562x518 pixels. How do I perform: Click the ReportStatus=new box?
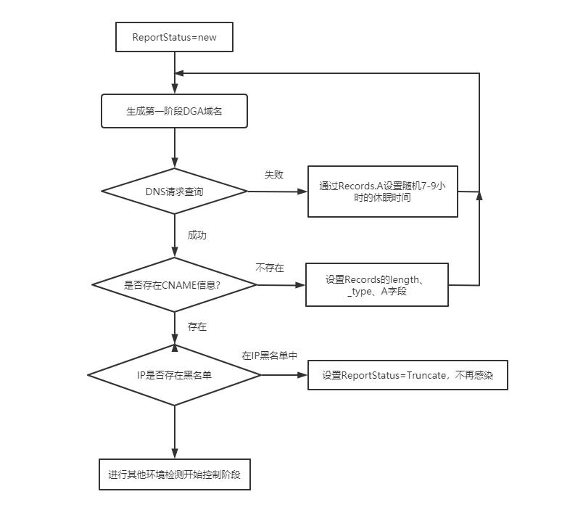[174, 37]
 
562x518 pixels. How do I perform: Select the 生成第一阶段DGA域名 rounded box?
[174, 111]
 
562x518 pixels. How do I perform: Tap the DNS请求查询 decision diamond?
[174, 191]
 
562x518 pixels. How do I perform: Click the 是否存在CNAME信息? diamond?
[174, 285]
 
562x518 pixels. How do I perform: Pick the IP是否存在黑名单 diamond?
[174, 375]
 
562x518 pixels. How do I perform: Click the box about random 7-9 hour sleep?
[382, 192]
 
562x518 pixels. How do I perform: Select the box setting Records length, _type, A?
[376, 284]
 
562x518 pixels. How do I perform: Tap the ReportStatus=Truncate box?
[408, 375]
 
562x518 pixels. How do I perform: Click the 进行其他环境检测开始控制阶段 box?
[175, 474]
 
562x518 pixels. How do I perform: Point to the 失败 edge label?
[274, 175]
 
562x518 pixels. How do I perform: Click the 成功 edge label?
[197, 235]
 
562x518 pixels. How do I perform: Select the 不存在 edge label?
[270, 268]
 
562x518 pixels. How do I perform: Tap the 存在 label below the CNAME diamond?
[197, 326]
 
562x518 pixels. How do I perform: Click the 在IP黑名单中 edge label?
[270, 355]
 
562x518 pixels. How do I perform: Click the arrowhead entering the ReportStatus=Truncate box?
[302, 375]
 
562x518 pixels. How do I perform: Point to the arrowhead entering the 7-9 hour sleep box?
[302, 192]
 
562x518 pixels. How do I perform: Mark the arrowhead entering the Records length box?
[300, 285]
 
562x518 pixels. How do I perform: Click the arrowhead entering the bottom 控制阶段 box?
[175, 453]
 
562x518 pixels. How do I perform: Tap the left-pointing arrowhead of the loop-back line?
[179, 73]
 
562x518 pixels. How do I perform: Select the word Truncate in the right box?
[426, 375]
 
